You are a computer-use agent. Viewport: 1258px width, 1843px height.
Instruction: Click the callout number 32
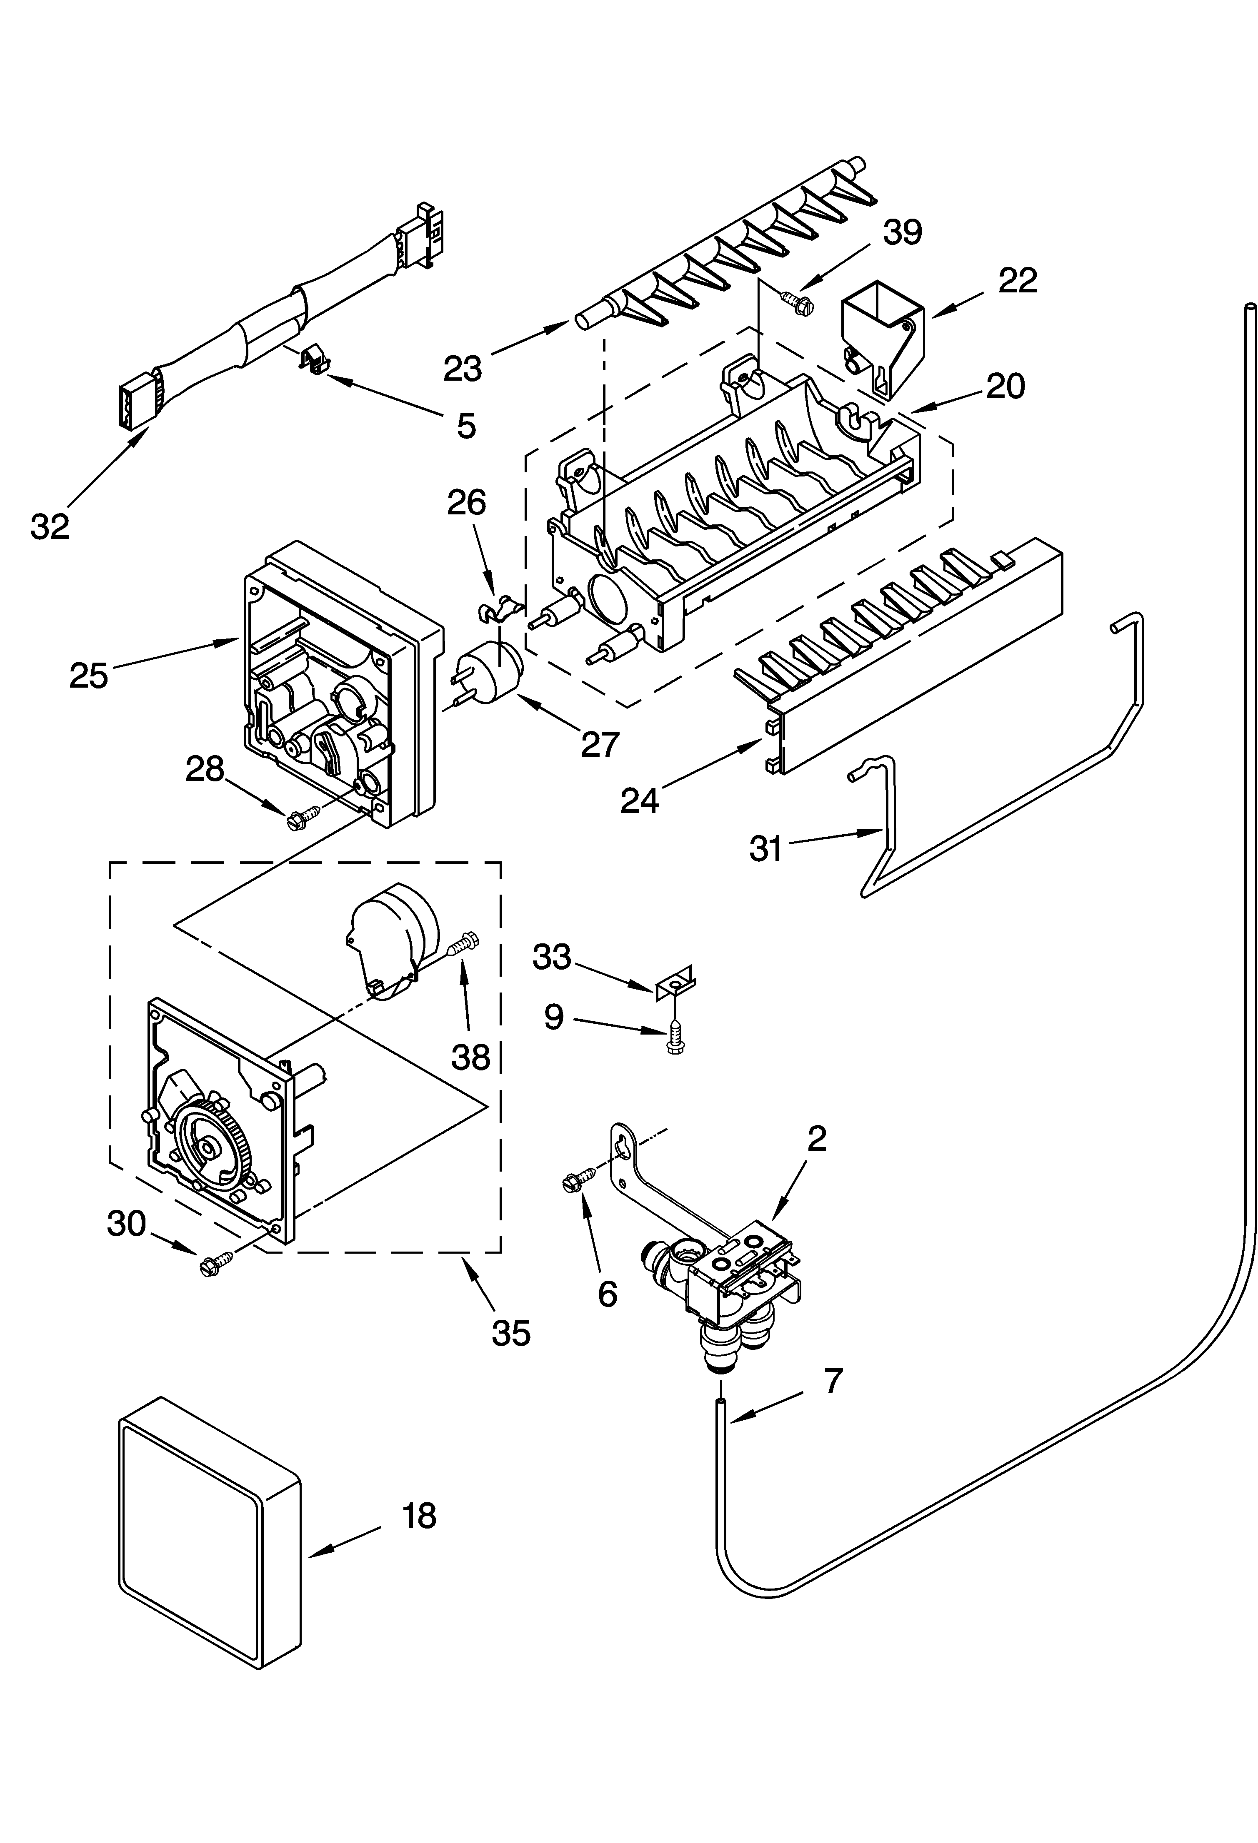pyautogui.click(x=50, y=526)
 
